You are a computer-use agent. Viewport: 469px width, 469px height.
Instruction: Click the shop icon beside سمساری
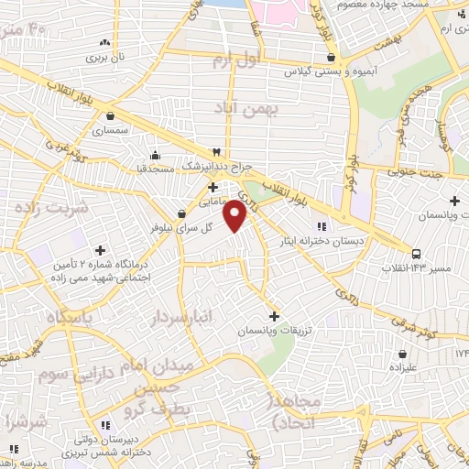click(x=111, y=116)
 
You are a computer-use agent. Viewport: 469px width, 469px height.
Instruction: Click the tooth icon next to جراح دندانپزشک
click(x=217, y=151)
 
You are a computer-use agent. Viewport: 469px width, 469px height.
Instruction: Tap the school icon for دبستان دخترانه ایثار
click(x=321, y=226)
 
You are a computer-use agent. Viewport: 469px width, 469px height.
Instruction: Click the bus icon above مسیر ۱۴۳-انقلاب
click(x=417, y=254)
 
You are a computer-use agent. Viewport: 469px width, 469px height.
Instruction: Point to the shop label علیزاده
click(x=401, y=367)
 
